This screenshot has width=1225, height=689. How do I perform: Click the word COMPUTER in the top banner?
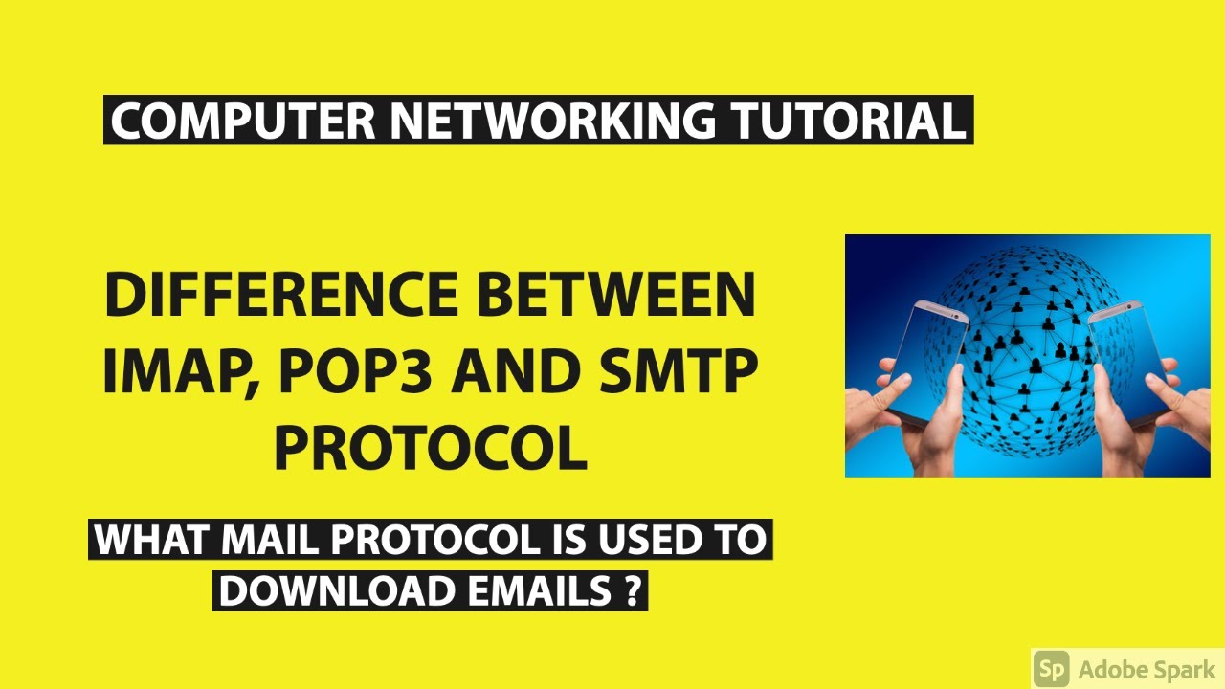243,121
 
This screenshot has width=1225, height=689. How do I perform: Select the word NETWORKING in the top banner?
552,121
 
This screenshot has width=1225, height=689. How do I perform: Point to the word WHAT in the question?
153,540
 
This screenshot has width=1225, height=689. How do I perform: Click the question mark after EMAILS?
629,591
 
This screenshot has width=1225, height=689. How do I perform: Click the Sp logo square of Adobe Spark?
1052,668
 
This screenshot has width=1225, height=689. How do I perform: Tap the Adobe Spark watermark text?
1147,668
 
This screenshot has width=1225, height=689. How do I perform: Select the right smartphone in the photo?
1130,364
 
